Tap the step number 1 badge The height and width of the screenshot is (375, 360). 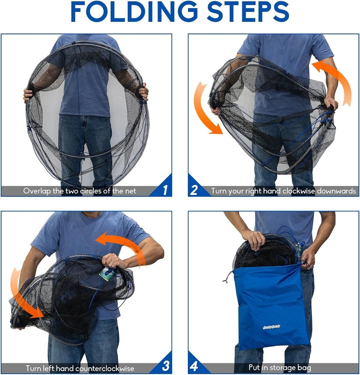point(164,190)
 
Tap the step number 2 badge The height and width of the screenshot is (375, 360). point(194,190)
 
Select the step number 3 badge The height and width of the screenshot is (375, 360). point(165,366)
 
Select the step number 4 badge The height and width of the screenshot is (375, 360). point(194,366)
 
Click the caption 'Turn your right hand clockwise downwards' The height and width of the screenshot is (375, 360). point(283,191)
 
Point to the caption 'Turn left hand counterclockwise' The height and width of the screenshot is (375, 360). point(80,368)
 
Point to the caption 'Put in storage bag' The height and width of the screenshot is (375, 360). point(280,368)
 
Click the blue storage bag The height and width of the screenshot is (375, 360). point(269,309)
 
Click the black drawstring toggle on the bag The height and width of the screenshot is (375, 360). point(226,279)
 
